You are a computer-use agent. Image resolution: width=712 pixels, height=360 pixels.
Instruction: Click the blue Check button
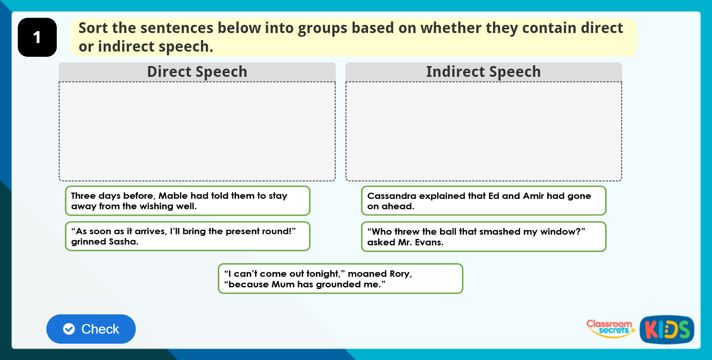click(x=91, y=329)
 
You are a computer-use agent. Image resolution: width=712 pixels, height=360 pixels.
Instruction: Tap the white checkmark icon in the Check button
click(x=69, y=329)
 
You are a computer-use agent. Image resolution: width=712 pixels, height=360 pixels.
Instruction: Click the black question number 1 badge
click(x=37, y=37)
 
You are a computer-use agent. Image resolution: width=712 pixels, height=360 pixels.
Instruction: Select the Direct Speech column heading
click(x=197, y=72)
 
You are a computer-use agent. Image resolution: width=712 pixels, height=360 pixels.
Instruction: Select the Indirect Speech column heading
click(x=483, y=72)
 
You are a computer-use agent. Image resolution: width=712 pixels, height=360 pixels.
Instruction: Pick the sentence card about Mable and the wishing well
click(x=187, y=201)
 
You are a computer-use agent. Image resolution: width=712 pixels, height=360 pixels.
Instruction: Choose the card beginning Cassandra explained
click(x=483, y=201)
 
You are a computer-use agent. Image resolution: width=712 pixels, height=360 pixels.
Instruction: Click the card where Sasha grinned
click(x=187, y=236)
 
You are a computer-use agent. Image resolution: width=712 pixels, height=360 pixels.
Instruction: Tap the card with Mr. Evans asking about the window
click(x=483, y=237)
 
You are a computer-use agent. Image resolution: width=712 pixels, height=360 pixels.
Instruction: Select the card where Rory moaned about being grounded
click(x=340, y=279)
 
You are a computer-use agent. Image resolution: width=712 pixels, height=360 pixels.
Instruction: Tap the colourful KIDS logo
click(x=667, y=330)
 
